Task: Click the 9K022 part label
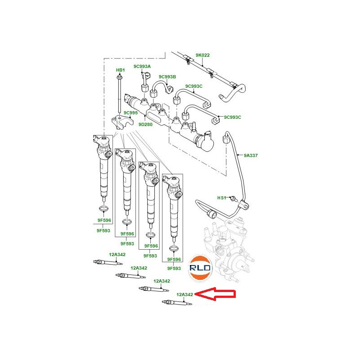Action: click(202, 55)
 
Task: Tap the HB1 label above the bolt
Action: click(120, 70)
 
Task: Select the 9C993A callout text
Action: click(142, 67)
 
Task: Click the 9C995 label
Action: click(130, 112)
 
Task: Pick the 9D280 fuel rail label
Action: click(145, 124)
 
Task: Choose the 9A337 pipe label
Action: click(251, 155)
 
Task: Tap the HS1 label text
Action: click(222, 198)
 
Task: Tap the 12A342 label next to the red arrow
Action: click(184, 294)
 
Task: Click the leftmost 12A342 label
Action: click(117, 254)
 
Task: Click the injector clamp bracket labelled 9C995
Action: click(121, 122)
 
